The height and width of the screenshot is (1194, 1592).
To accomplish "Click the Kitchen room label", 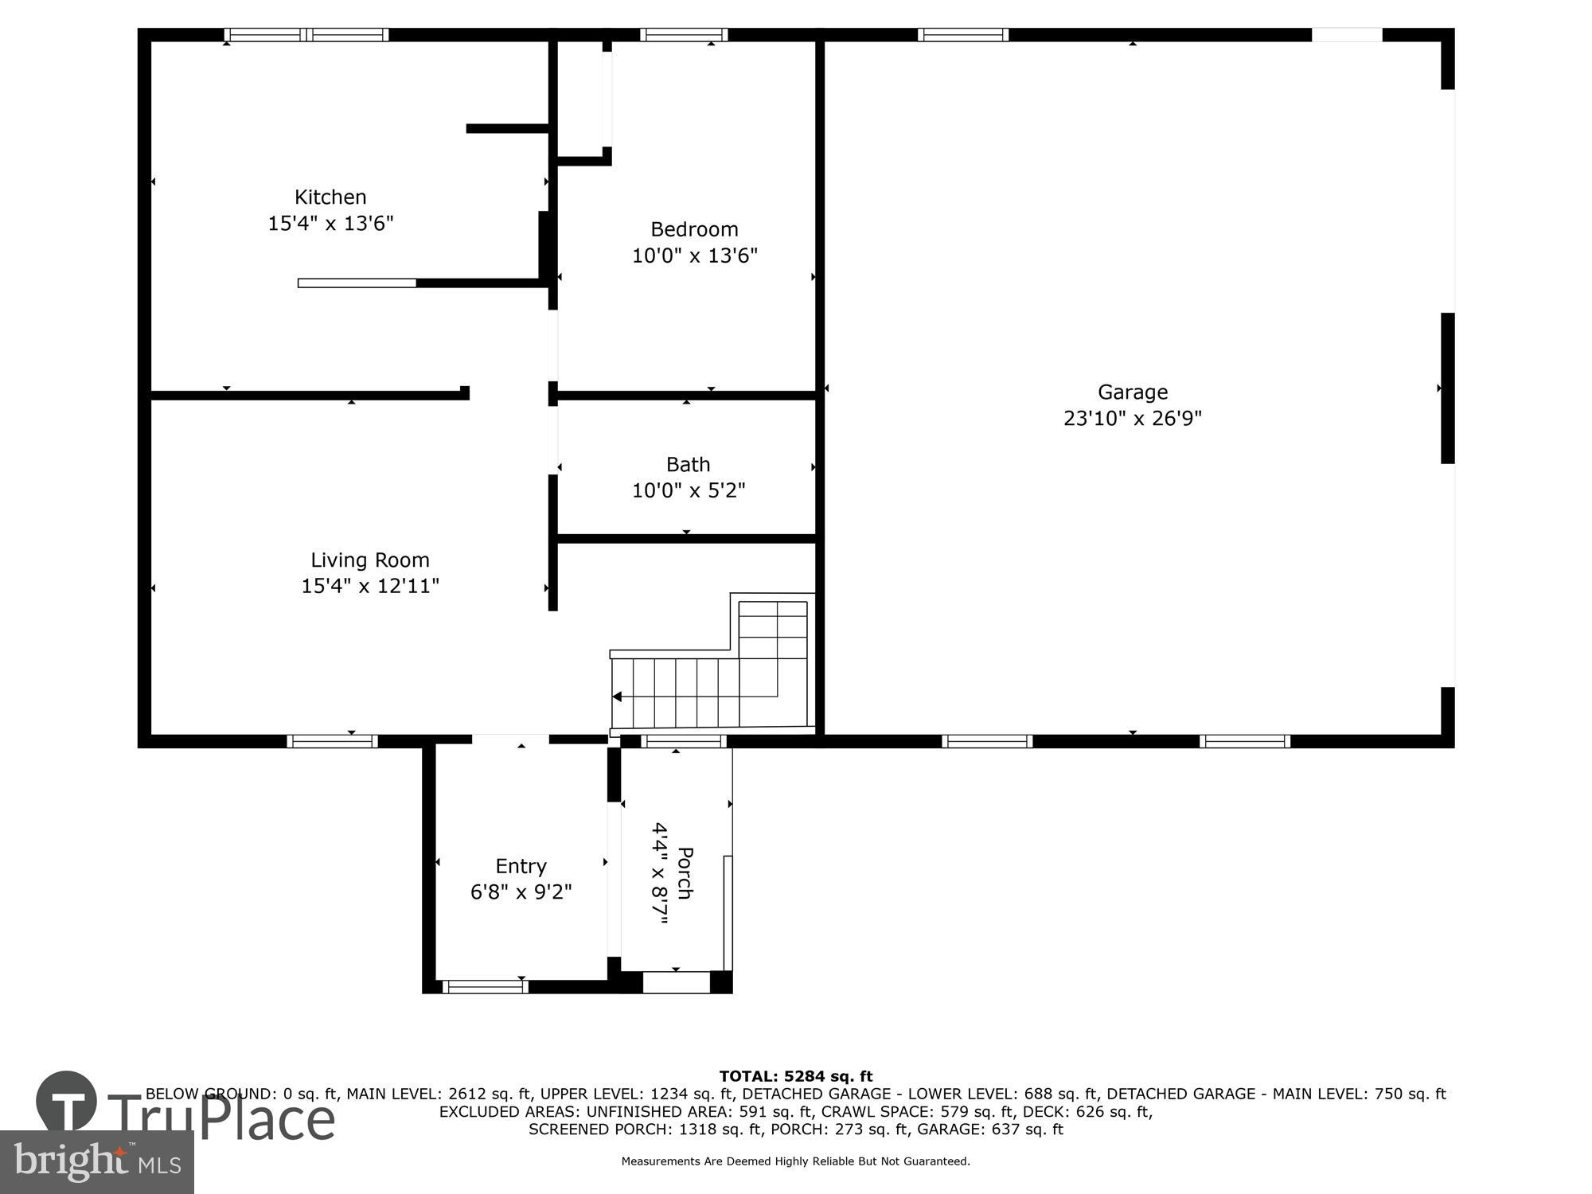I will [x=330, y=197].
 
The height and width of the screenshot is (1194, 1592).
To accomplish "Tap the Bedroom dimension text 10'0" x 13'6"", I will [x=694, y=256].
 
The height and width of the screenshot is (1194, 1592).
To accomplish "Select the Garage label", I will [x=1132, y=392].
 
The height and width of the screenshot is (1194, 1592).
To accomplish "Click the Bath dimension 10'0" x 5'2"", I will [x=688, y=490].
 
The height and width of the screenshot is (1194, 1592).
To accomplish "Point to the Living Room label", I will [x=369, y=560].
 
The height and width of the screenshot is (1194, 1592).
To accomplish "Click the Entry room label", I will [x=521, y=866].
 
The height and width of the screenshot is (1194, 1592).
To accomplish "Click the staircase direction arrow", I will [x=617, y=696].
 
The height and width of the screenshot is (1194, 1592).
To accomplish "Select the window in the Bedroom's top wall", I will [x=684, y=34].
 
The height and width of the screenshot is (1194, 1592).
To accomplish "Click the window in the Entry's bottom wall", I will [x=485, y=987].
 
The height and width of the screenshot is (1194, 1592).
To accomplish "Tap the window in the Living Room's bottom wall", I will [x=332, y=741].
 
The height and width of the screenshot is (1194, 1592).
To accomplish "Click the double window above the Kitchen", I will [x=306, y=34].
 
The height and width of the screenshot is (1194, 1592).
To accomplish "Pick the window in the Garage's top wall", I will [x=962, y=34].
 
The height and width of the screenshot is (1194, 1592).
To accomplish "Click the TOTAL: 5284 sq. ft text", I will [x=795, y=1077].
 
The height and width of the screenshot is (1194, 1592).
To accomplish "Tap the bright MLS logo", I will [x=97, y=1163].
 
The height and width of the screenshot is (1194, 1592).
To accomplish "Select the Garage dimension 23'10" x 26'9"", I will [x=1132, y=418].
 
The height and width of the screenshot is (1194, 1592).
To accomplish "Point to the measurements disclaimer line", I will [x=795, y=1161].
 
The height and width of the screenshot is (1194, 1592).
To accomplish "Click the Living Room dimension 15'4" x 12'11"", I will [x=369, y=586].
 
